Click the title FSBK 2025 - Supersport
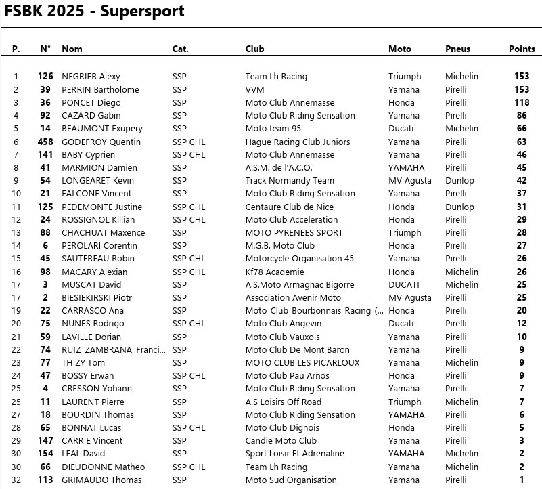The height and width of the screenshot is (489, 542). (x=94, y=12)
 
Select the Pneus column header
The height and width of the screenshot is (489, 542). (x=457, y=49)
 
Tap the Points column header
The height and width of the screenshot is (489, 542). (x=522, y=49)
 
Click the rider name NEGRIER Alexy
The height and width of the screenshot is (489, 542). (x=91, y=77)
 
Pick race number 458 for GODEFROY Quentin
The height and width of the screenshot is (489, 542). (x=45, y=142)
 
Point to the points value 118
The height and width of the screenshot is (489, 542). (x=521, y=102)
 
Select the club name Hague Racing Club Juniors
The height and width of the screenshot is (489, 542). (x=298, y=142)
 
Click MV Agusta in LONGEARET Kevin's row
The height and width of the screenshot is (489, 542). (x=409, y=181)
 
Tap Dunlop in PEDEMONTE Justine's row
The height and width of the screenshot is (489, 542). (x=459, y=207)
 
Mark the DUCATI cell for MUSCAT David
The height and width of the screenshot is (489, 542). (x=404, y=285)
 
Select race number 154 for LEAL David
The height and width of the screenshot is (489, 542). (x=45, y=454)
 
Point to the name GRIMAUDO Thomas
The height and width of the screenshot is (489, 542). (x=101, y=480)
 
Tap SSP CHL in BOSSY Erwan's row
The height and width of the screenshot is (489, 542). (x=189, y=375)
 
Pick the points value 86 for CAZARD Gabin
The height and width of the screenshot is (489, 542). (x=522, y=116)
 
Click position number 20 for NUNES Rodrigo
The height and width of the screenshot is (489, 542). (x=16, y=324)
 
